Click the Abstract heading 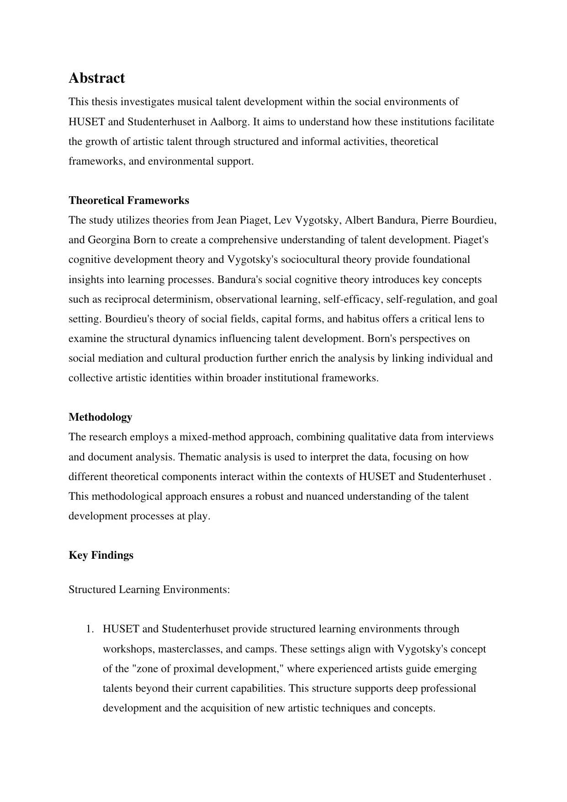pos(96,78)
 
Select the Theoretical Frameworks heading pos(128,200)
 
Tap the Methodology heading pos(100,417)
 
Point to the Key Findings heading pos(101,555)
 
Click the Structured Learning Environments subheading pos(149,589)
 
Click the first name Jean pos(226,220)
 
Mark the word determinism pos(187,299)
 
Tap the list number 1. pos(90,629)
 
